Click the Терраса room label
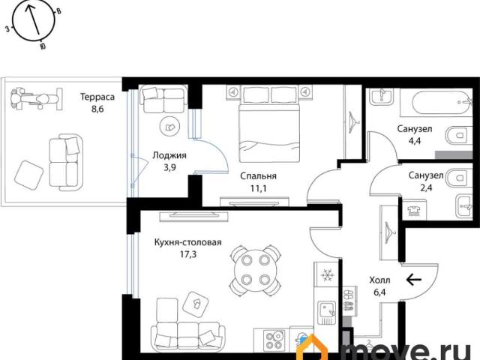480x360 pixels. (97, 97)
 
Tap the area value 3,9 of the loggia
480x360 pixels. (169, 167)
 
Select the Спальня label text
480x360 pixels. (258, 176)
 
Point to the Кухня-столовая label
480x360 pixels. (187, 242)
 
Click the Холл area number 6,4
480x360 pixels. (379, 292)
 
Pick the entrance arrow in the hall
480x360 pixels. (413, 279)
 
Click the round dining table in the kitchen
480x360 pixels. (255, 270)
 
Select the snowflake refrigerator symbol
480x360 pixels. (327, 275)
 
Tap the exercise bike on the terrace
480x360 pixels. (36, 99)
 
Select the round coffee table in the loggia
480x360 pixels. (169, 127)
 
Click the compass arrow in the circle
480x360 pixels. (33, 20)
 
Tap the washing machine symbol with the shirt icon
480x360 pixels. (414, 210)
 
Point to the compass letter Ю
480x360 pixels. (43, 46)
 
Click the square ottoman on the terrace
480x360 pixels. (28, 175)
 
